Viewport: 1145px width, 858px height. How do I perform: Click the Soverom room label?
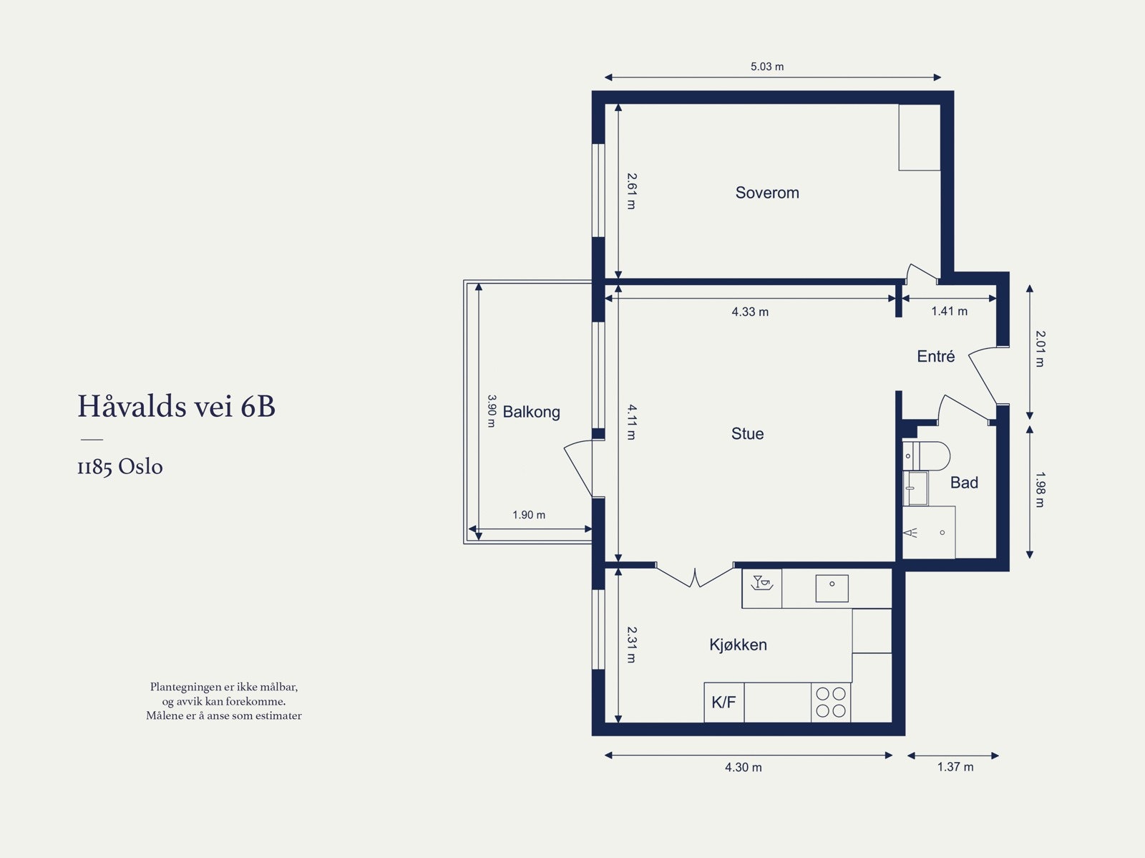click(766, 193)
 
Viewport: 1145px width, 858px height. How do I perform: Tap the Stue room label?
click(747, 433)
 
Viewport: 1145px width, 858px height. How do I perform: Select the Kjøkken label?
click(738, 645)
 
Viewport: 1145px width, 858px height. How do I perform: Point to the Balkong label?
click(531, 412)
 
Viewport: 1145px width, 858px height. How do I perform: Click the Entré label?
click(935, 356)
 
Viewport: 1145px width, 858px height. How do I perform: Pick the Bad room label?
click(963, 483)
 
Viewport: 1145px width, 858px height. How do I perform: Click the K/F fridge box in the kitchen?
click(723, 702)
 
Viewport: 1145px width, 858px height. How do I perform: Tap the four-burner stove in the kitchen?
click(831, 702)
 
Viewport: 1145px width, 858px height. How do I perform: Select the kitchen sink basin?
click(832, 588)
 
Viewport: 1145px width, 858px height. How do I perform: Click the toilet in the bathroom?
click(930, 455)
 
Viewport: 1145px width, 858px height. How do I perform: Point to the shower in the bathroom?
click(929, 533)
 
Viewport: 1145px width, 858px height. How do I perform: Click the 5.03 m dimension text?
click(766, 67)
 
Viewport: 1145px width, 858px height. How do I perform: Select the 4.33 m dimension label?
click(750, 312)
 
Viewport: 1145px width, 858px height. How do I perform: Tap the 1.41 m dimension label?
click(949, 311)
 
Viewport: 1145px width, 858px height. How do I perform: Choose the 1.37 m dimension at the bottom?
click(955, 767)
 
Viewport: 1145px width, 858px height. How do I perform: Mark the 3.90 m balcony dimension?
click(491, 411)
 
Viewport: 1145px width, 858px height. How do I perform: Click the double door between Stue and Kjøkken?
click(695, 576)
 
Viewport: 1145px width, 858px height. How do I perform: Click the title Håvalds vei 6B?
click(176, 406)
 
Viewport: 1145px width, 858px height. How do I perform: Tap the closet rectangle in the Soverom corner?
click(919, 138)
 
